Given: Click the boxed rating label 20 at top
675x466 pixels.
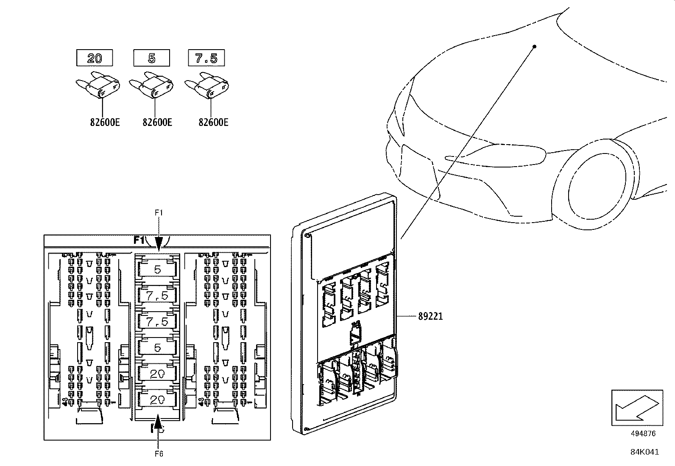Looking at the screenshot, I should tap(95, 58).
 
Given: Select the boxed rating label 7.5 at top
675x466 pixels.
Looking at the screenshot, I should tap(206, 58).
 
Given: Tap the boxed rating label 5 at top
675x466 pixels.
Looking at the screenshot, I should tap(151, 58).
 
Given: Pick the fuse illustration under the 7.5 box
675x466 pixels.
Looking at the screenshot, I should tap(207, 87).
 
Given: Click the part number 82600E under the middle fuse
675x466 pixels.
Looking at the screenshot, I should tap(157, 123).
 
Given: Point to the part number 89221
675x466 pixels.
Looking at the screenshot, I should tap(430, 316).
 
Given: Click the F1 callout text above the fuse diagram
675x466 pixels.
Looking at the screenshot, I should tap(159, 213).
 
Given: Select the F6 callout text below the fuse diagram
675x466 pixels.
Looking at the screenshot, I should tap(159, 454).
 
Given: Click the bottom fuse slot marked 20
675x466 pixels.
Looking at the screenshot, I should tap(157, 400).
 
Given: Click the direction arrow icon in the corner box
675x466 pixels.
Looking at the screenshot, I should tap(636, 407).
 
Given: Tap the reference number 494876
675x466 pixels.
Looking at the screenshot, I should tap(643, 433).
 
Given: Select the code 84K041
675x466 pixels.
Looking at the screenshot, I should tap(644, 452).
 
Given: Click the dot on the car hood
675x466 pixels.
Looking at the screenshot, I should tap(535, 46).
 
